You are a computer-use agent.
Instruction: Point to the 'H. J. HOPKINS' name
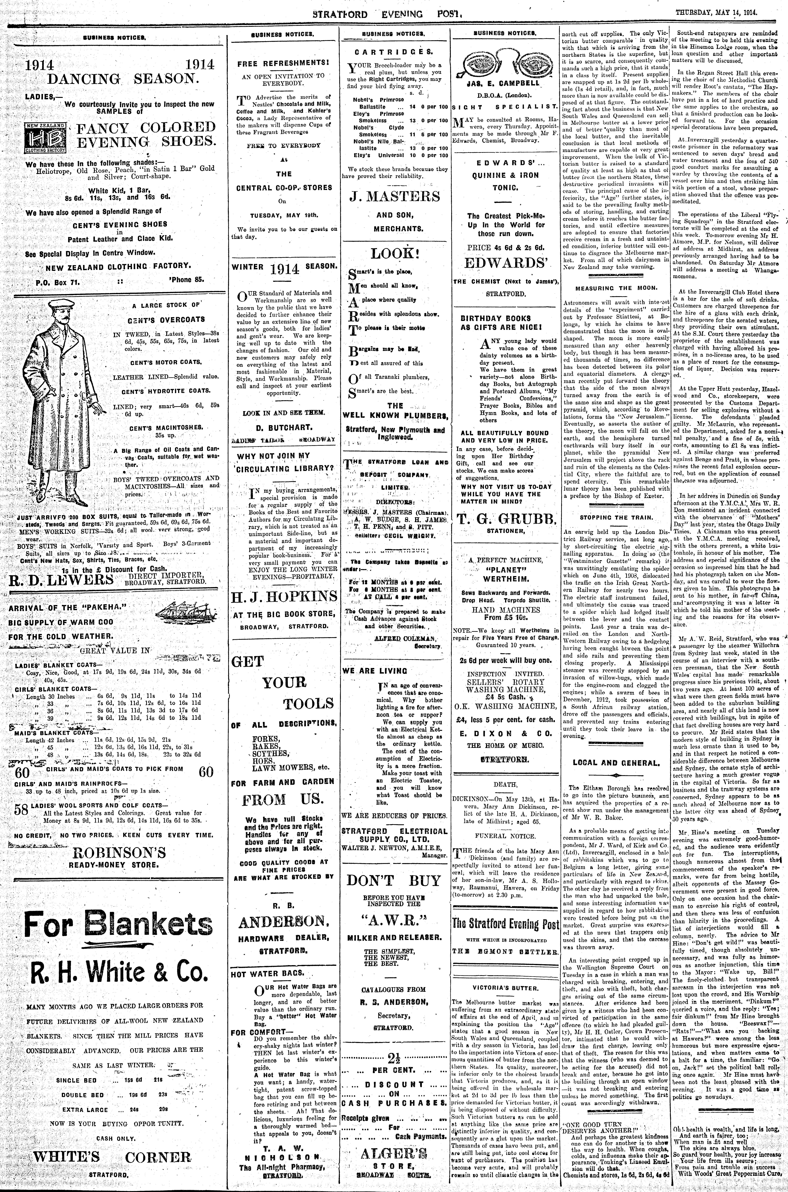[284, 597]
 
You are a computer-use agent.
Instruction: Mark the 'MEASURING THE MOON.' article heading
[616, 288]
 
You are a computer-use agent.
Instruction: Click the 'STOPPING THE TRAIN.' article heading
[616, 517]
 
